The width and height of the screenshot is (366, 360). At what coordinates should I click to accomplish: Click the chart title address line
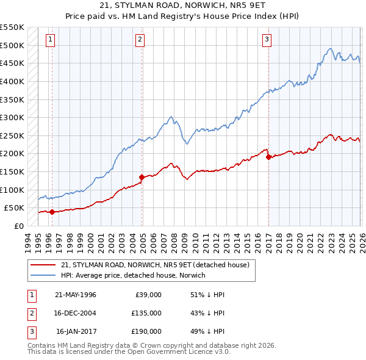(x=183, y=7)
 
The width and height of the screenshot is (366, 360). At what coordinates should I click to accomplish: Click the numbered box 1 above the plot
(x=49, y=40)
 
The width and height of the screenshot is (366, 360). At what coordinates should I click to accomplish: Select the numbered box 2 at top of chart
(x=140, y=40)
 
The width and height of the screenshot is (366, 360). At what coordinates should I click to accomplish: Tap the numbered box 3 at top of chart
(x=267, y=40)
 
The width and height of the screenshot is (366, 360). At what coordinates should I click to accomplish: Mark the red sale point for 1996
(x=52, y=212)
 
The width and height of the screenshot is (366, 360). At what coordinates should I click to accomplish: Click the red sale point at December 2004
(x=142, y=178)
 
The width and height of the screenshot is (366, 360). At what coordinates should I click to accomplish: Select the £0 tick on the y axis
(x=18, y=226)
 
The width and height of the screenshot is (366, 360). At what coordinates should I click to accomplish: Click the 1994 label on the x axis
(x=28, y=242)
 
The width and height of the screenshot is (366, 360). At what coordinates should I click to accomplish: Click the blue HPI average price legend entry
(x=133, y=276)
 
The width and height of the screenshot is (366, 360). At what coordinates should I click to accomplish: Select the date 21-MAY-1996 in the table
(x=76, y=295)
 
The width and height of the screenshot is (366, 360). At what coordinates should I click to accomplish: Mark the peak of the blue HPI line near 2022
(x=329, y=49)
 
